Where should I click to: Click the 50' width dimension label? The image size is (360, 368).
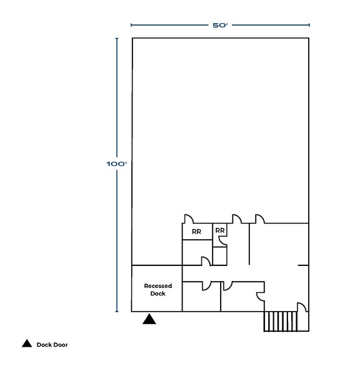220,25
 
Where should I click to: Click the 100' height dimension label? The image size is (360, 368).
117,163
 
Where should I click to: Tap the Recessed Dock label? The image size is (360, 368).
157,290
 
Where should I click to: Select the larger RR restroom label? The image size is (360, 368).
196,232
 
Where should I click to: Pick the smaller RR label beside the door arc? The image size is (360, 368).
220,230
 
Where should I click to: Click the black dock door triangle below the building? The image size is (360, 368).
149,319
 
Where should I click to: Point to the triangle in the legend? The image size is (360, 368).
27,344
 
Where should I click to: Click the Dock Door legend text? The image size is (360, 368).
52,345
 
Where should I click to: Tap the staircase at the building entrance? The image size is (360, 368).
280,321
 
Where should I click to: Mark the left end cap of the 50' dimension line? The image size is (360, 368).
131,25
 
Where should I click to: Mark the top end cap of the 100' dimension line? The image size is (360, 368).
117,38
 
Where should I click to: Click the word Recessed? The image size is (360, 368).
157,286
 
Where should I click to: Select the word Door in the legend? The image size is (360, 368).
61,345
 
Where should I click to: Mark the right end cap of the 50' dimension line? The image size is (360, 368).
309,25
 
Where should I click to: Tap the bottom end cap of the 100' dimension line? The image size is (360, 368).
117,312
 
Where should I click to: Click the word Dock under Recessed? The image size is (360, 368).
157,294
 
